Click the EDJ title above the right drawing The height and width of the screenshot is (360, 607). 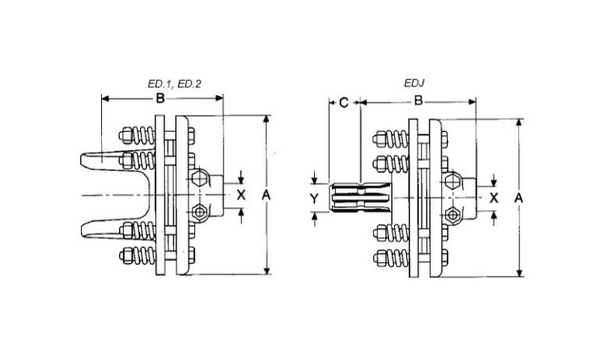pyautogui.click(x=414, y=83)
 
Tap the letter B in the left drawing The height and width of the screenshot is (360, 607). pyautogui.click(x=160, y=99)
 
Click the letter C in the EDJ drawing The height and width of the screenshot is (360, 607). pyautogui.click(x=343, y=102)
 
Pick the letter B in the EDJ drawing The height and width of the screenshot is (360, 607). pyautogui.click(x=418, y=102)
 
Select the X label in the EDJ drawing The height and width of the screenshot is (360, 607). pyautogui.click(x=494, y=196)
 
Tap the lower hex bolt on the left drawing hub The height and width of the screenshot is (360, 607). pyautogui.click(x=201, y=213)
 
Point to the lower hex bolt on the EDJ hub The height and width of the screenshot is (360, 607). pyautogui.click(x=454, y=214)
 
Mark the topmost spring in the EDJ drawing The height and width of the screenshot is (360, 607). pyautogui.click(x=392, y=137)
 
